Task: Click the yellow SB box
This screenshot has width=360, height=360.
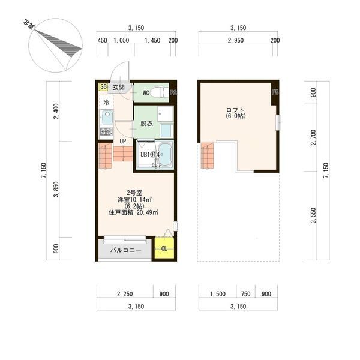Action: pyautogui.click(x=103, y=87)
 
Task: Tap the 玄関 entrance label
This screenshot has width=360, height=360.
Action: pyautogui.click(x=119, y=87)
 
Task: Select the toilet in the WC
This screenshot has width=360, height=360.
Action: pyautogui.click(x=158, y=92)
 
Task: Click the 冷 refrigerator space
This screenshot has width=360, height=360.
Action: pyautogui.click(x=106, y=102)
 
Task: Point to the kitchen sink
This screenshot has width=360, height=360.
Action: pyautogui.click(x=107, y=118)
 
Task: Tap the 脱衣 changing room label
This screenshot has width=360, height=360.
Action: pyautogui.click(x=147, y=124)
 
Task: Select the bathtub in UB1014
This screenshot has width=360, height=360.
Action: pyautogui.click(x=165, y=154)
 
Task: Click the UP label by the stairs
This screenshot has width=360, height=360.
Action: pyautogui.click(x=123, y=141)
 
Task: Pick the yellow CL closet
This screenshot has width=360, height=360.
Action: pyautogui.click(x=164, y=248)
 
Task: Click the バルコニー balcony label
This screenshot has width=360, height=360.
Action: pyautogui.click(x=126, y=250)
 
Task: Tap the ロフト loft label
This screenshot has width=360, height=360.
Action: pyautogui.click(x=235, y=110)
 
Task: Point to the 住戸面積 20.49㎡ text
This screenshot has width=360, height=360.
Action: pyautogui.click(x=133, y=212)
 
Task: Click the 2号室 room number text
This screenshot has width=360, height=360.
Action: pyautogui.click(x=134, y=193)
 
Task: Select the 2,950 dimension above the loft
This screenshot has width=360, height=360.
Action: pyautogui.click(x=236, y=40)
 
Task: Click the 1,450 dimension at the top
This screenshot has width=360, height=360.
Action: pyautogui.click(x=152, y=40)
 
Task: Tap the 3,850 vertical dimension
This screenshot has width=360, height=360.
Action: pyautogui.click(x=56, y=189)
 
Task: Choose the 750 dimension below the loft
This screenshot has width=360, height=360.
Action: pyautogui.click(x=245, y=294)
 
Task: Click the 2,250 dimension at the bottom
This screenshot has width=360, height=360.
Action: pyautogui.click(x=125, y=294)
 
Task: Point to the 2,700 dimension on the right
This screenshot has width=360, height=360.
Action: pyautogui.click(x=313, y=137)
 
